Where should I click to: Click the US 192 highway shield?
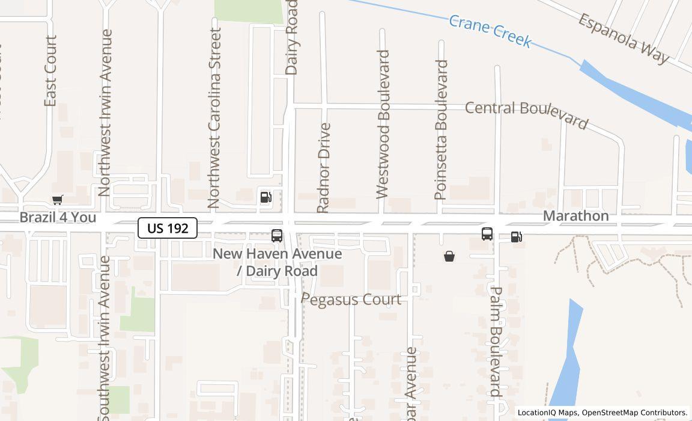click(x=168, y=228)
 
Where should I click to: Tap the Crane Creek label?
click(x=490, y=31)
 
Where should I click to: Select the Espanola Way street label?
click(x=624, y=38)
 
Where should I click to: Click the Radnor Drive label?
click(x=324, y=167)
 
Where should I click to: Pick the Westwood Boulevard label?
click(x=383, y=124)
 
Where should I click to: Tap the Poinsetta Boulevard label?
click(x=442, y=129)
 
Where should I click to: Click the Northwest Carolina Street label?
click(x=214, y=117)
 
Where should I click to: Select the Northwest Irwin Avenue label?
click(x=105, y=112)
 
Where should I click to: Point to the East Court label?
click(x=50, y=71)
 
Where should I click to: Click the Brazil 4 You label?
click(x=58, y=217)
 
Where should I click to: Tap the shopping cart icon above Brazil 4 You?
click(x=58, y=200)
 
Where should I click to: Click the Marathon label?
click(x=575, y=215)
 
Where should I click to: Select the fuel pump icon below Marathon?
click(x=517, y=236)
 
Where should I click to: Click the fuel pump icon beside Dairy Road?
click(x=266, y=197)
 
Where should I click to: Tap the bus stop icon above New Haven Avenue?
click(x=277, y=236)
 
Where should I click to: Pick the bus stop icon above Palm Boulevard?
click(x=487, y=234)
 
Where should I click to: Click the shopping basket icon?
click(x=449, y=257)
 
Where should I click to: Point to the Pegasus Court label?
click(x=351, y=299)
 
